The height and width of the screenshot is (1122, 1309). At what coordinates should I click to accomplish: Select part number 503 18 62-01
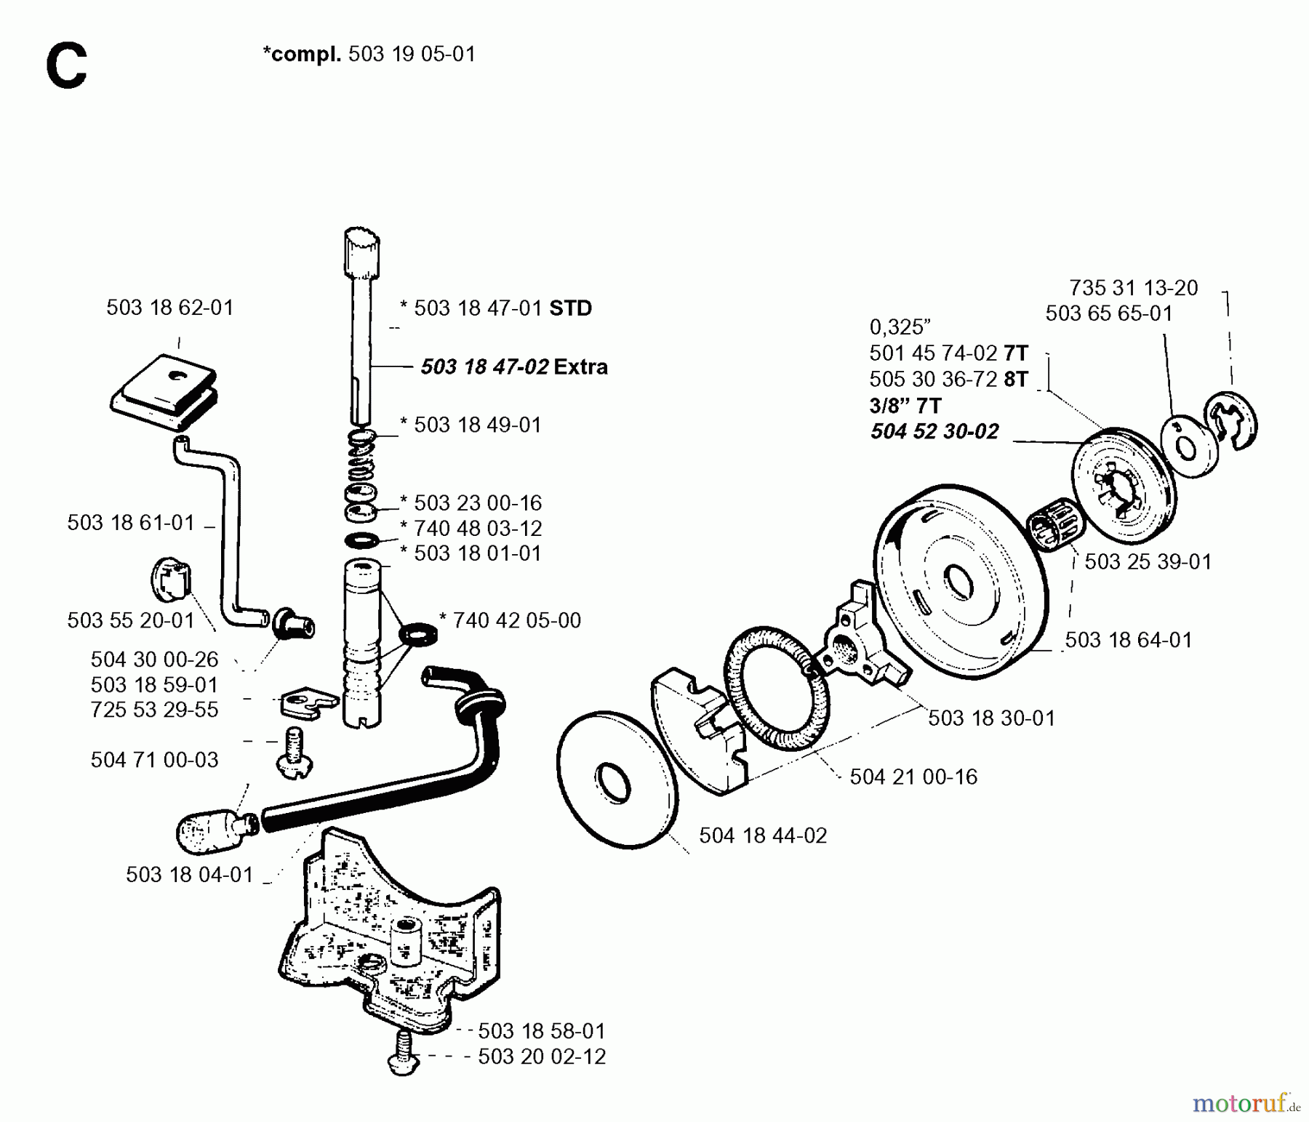click(169, 308)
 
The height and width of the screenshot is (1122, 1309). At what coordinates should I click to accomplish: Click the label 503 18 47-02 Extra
click(514, 366)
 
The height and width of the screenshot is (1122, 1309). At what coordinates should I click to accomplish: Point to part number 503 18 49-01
click(477, 425)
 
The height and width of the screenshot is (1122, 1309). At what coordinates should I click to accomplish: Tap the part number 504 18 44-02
click(763, 836)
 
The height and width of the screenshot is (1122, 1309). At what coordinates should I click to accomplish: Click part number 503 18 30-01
click(991, 718)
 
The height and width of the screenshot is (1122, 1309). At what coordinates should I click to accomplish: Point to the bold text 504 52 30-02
click(934, 431)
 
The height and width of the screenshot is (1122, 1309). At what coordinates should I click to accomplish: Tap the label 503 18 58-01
click(541, 1030)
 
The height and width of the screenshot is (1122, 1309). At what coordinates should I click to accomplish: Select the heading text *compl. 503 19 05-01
click(369, 55)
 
